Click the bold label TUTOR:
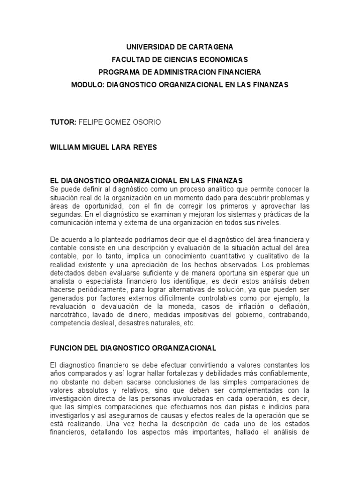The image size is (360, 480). tap(63, 122)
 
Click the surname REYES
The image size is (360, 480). tap(144, 147)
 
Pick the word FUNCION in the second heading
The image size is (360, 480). tap(65, 348)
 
